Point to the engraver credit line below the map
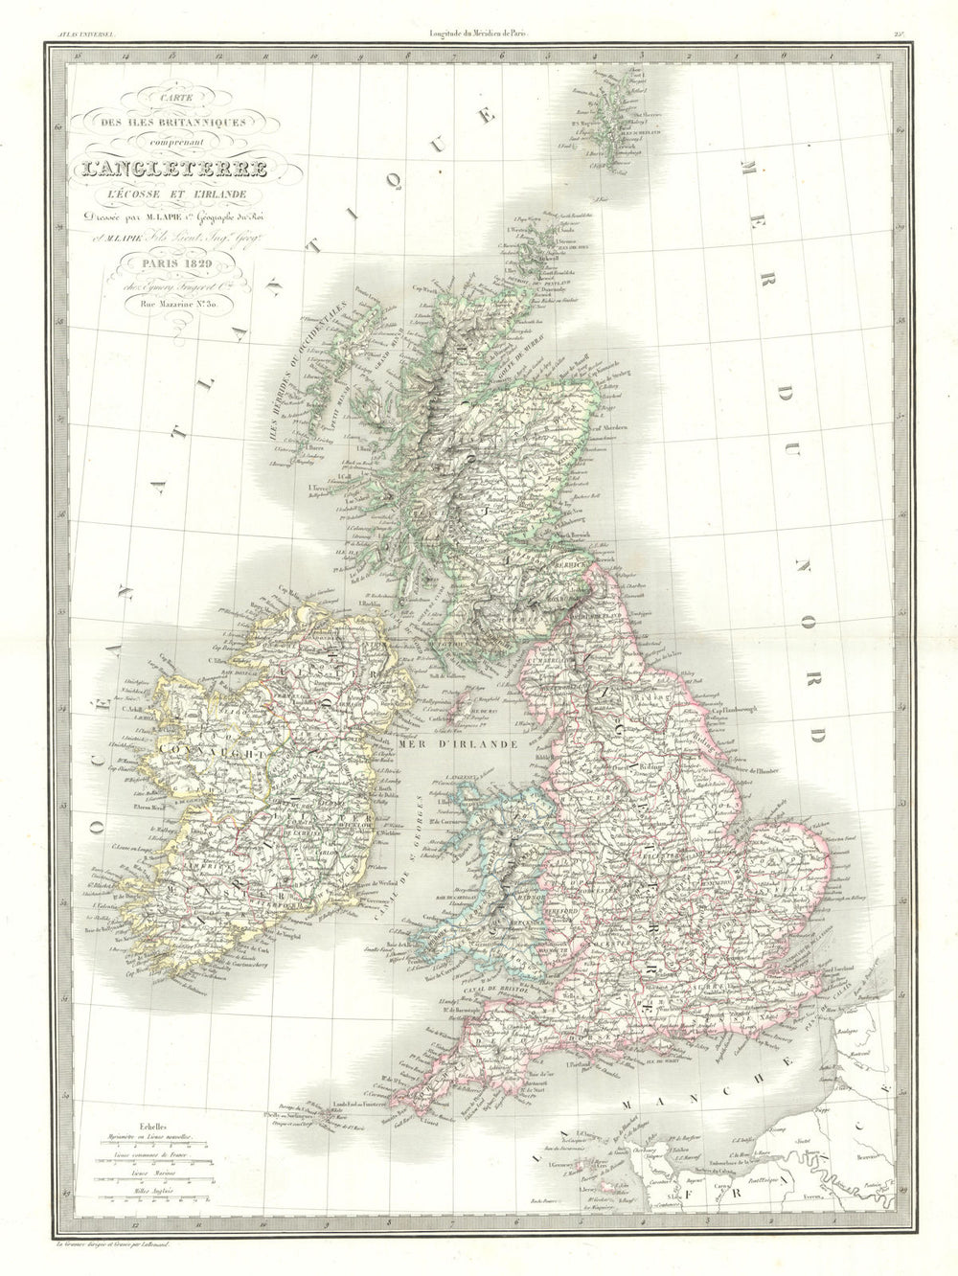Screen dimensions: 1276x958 (153, 1245)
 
